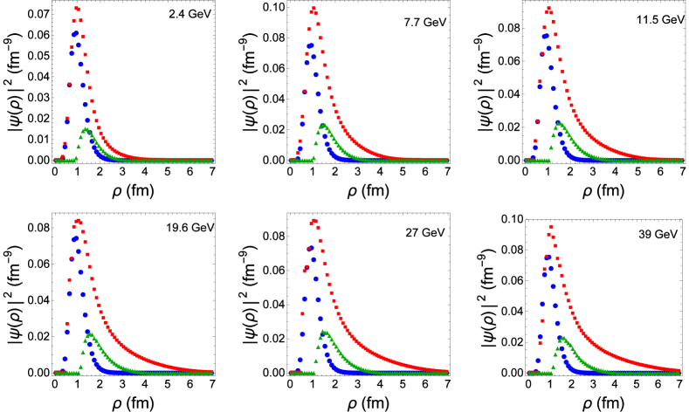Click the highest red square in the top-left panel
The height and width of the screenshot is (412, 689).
click(x=77, y=9)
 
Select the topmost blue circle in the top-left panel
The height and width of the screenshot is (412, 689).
click(x=76, y=34)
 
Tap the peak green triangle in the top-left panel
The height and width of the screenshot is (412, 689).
click(x=86, y=129)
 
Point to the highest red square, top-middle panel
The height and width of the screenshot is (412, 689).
click(x=313, y=9)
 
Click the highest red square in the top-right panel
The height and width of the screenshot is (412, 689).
click(x=548, y=9)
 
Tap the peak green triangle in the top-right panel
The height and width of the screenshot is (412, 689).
click(x=558, y=124)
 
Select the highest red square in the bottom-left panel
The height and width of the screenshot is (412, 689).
click(x=78, y=221)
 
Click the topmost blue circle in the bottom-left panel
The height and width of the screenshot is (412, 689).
click(x=75, y=237)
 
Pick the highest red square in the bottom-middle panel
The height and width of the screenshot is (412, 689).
click(x=313, y=220)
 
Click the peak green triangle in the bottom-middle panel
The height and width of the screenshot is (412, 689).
click(x=323, y=332)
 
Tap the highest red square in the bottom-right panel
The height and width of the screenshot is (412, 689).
click(x=550, y=227)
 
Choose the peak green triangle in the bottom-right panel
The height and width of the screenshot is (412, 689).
click(x=562, y=338)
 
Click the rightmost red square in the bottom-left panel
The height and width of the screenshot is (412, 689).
click(x=212, y=370)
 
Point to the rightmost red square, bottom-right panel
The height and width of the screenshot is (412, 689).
click(x=679, y=369)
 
